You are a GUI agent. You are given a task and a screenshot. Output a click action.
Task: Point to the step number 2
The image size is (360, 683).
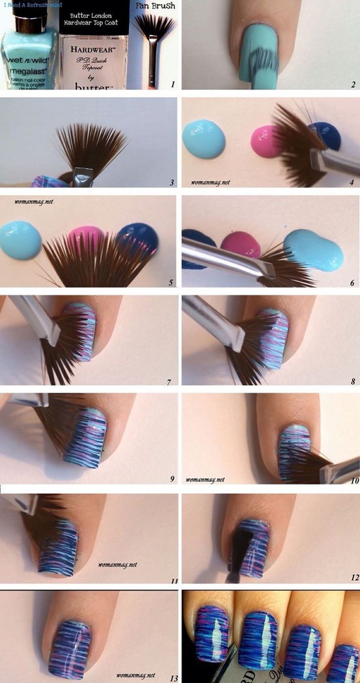(x=353, y=84)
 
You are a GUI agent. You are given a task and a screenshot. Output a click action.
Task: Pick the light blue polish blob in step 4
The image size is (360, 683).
(x=204, y=138)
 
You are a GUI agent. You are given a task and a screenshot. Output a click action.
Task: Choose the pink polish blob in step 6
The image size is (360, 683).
(x=240, y=245)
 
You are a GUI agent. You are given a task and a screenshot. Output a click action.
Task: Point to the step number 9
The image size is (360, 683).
(x=171, y=478)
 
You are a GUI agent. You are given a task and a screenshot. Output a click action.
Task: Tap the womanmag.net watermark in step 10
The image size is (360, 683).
(x=206, y=478)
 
